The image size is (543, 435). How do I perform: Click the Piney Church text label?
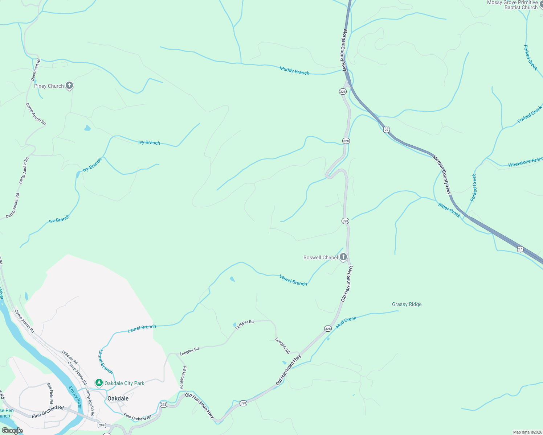coord(49,86)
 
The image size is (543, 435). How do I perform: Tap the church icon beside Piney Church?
coord(69,86)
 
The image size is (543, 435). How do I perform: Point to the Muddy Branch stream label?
coord(294,70)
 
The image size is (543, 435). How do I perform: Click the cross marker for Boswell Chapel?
coord(343,257)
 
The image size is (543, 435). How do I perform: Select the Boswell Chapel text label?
coord(321,258)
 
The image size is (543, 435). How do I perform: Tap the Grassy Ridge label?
coord(407,304)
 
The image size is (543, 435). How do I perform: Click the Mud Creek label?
coord(346,322)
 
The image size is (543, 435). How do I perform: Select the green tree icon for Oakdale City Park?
coord(99,383)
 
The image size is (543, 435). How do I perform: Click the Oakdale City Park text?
coord(124,383)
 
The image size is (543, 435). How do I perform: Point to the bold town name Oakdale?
coord(118,398)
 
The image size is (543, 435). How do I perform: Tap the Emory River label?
coord(75,397)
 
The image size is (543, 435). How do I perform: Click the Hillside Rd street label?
coord(69,357)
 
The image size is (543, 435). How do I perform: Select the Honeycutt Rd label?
coord(183,378)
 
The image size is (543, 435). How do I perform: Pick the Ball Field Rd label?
coord(50,393)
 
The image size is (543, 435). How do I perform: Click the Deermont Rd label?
coord(36,69)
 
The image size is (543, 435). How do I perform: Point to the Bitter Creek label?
coord(449,210)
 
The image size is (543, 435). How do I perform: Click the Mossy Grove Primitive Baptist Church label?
coord(512,5)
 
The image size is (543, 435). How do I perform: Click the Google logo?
coord(12,431)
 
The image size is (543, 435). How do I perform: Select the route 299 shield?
coord(102,425)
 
